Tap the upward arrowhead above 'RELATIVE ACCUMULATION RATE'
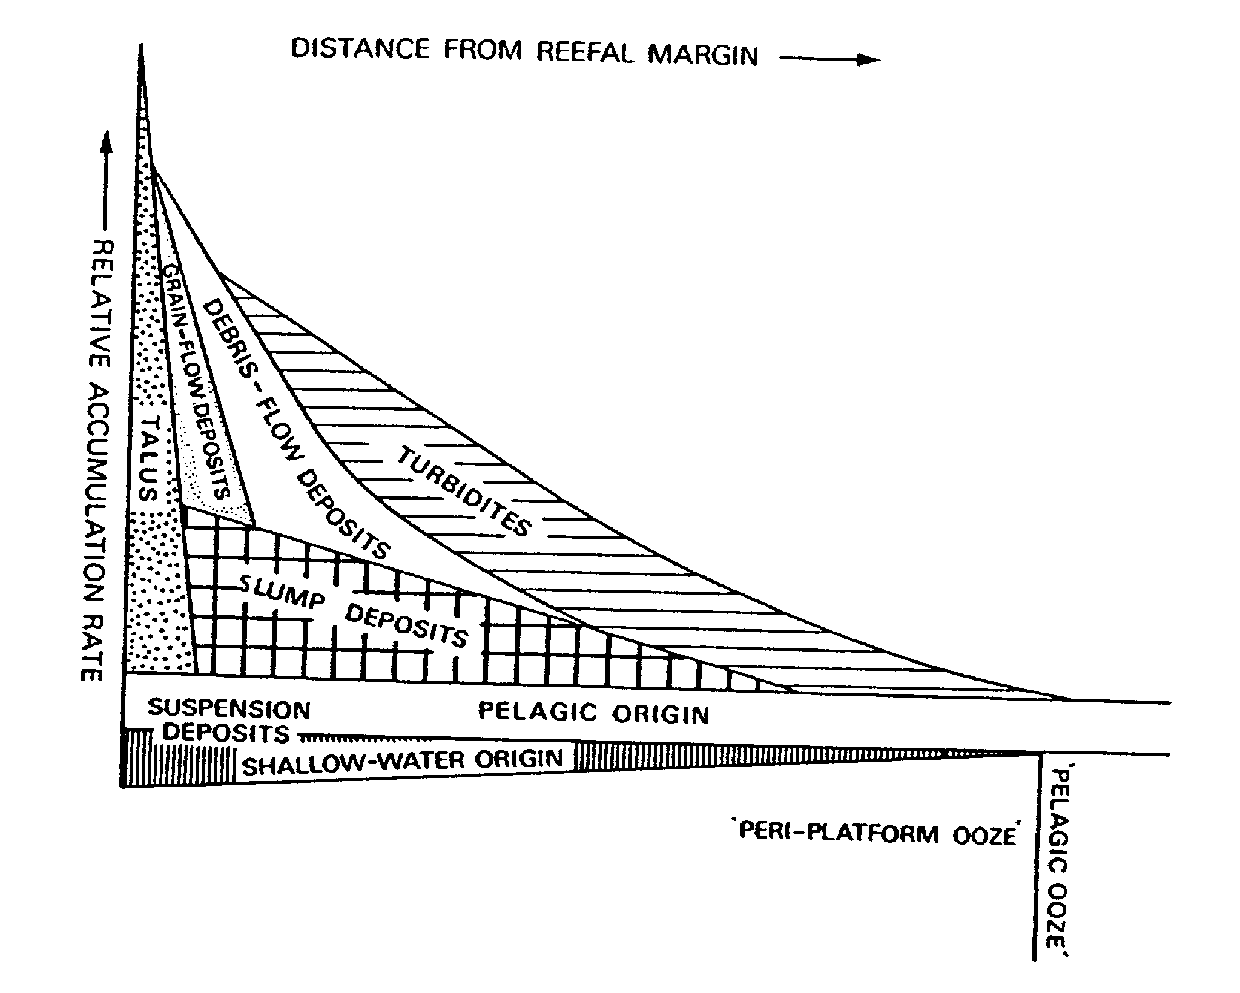coord(107,143)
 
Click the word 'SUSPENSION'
coord(229,709)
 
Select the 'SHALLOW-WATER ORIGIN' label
coord(403,762)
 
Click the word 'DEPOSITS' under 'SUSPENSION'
coord(226,733)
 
